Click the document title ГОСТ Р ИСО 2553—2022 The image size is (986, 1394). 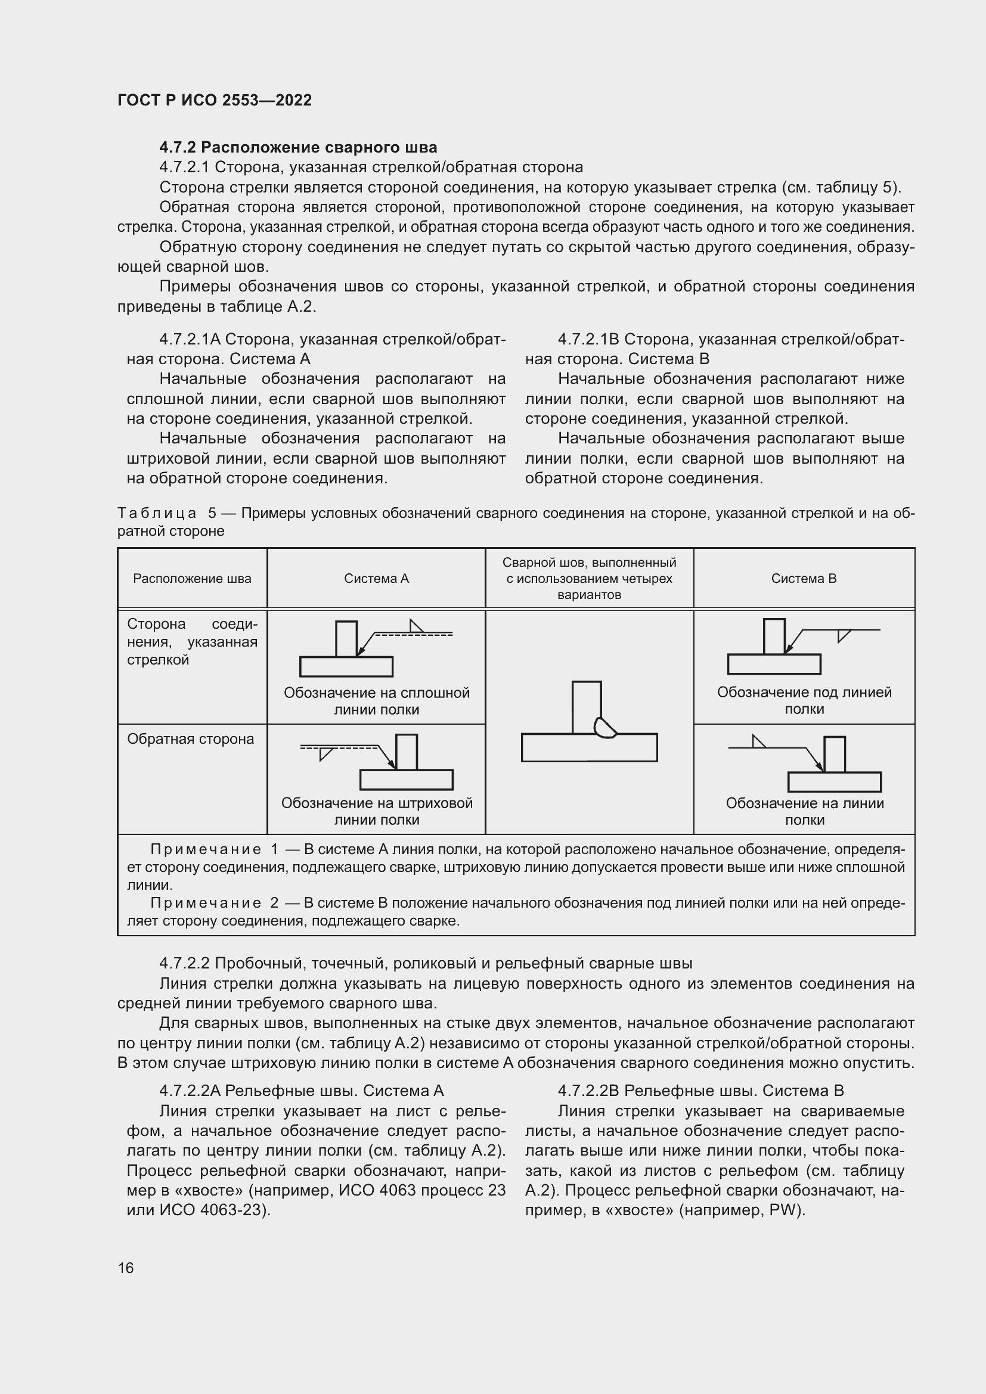pyautogui.click(x=215, y=100)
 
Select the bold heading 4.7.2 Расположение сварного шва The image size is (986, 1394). pyautogui.click(x=298, y=148)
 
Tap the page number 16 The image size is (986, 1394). pyautogui.click(x=126, y=1268)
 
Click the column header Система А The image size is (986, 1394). pyautogui.click(x=376, y=579)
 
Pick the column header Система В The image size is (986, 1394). pyautogui.click(x=804, y=579)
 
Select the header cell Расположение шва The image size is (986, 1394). pyautogui.click(x=192, y=579)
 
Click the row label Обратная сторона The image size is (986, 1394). pyautogui.click(x=190, y=739)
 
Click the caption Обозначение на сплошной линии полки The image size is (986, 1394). pyautogui.click(x=376, y=701)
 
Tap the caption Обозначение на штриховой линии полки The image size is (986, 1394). pyautogui.click(x=376, y=812)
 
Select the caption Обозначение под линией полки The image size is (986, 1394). pyautogui.click(x=804, y=701)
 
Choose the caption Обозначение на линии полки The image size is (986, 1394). pyautogui.click(x=804, y=812)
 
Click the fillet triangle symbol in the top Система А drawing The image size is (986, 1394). pyautogui.click(x=417, y=626)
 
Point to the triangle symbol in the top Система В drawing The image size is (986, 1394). pyautogui.click(x=843, y=635)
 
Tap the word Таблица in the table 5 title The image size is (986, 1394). pyautogui.click(x=157, y=514)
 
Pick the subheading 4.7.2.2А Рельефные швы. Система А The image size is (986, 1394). pyautogui.click(x=301, y=1091)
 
